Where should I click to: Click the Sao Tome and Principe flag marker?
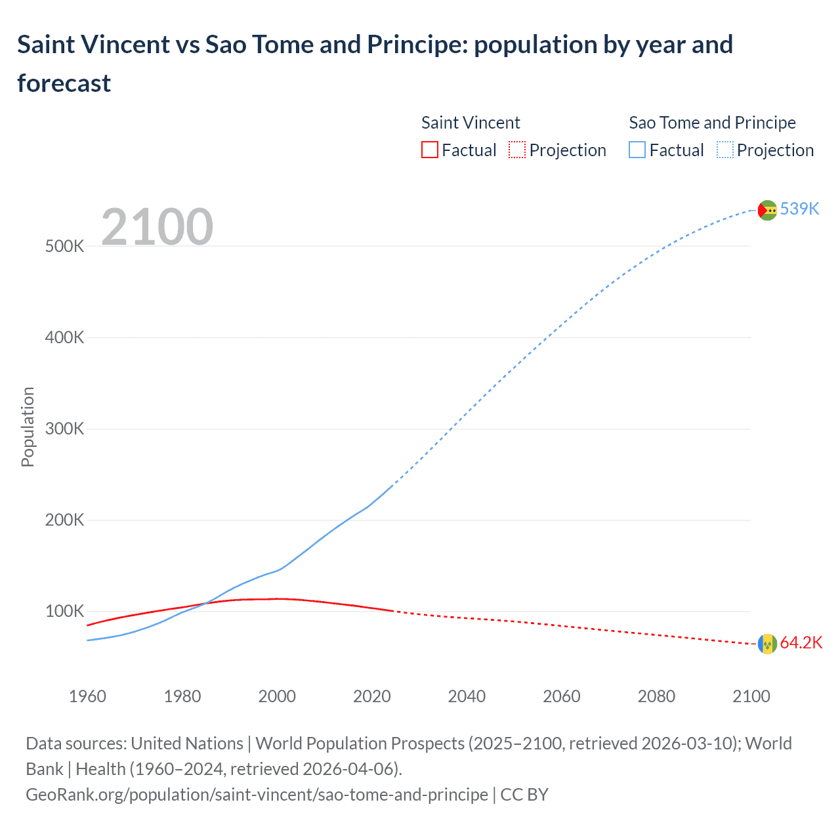point(767,210)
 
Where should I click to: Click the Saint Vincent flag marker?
point(767,644)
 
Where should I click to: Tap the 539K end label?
point(799,209)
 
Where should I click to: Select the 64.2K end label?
point(801,642)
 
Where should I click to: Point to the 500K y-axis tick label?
point(64,247)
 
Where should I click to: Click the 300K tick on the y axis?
point(64,429)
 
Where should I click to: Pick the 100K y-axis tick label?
point(64,612)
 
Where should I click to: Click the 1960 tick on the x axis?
point(87,696)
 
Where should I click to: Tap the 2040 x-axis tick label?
point(467,696)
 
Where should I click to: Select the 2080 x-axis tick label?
point(656,696)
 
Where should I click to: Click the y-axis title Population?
point(28,427)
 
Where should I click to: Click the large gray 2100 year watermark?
point(157,227)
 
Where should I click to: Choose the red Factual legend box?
point(429,150)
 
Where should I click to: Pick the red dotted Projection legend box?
point(517,150)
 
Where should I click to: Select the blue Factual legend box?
point(637,150)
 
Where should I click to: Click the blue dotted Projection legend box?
point(724,150)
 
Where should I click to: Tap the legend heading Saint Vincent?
point(471,123)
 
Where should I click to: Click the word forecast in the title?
point(64,83)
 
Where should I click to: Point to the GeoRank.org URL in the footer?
point(257,795)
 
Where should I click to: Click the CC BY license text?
point(524,795)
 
